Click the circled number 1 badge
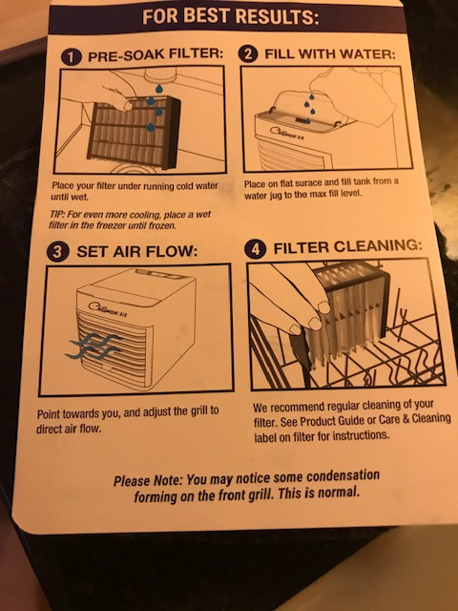(x=72, y=57)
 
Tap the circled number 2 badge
(x=248, y=54)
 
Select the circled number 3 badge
(x=58, y=251)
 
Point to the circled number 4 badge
(x=256, y=249)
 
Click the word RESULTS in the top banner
(x=277, y=16)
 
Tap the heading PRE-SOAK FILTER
(x=156, y=54)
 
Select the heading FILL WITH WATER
(x=330, y=53)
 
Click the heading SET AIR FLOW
(x=137, y=251)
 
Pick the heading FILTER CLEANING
(x=347, y=247)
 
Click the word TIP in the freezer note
(x=56, y=214)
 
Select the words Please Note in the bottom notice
(x=148, y=480)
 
